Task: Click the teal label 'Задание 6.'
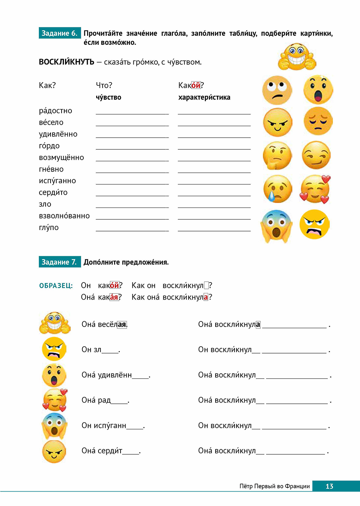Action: pos(59,33)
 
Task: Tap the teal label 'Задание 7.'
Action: pos(59,262)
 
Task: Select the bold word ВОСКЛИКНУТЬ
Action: pos(67,62)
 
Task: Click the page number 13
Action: pos(329,486)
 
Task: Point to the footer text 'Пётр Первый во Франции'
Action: pos(274,486)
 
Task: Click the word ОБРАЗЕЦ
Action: pos(56,286)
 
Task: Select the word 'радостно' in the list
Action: pos(56,111)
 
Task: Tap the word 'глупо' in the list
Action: pos(49,227)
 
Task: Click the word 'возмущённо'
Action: pos(61,157)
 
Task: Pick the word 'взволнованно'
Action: pos(64,216)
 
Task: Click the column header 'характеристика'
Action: pos(204,97)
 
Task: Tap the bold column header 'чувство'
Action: pos(108,97)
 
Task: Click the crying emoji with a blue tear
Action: pos(278,189)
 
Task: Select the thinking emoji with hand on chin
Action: pos(277,155)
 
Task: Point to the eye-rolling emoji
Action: pos(277,90)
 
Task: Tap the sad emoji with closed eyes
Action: pos(318,121)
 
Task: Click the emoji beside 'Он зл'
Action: pos(54,349)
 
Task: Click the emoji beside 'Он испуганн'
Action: pos(54,426)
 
